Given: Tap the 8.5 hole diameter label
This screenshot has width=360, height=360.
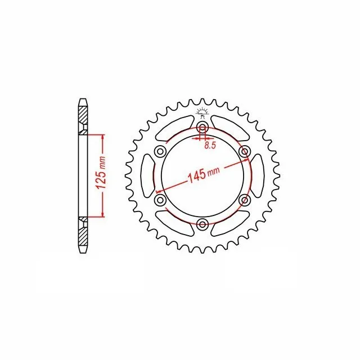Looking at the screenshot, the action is (210, 146).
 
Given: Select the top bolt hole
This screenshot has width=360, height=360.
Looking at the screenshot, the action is (202, 127).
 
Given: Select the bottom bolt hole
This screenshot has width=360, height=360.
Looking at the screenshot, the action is (202, 224).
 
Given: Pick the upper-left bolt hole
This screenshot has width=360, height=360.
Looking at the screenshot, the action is (160, 151).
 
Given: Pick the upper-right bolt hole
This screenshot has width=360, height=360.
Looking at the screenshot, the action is (245, 151).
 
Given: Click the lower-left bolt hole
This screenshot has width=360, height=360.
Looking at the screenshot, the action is (160, 200).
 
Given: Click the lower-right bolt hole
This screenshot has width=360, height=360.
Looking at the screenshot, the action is (245, 200).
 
